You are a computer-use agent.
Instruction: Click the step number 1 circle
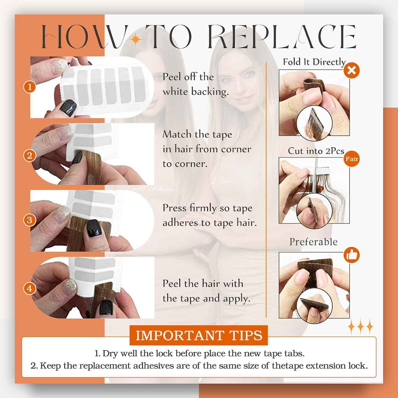pos(30,86)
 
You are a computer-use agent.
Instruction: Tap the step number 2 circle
pos(30,155)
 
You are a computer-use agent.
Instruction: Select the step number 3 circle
pos(30,220)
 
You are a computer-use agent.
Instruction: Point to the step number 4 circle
pos(30,288)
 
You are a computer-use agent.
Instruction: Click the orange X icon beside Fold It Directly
pos(352,70)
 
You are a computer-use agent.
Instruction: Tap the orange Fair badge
pos(352,159)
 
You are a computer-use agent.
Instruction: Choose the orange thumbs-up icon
pos(352,255)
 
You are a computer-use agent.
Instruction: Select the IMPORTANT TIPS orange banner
pos(199,335)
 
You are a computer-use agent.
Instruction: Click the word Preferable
pos(313,242)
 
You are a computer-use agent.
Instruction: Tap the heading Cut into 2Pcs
pos(316,151)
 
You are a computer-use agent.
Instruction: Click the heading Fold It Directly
pos(314,62)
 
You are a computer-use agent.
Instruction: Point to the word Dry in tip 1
pos(109,354)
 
